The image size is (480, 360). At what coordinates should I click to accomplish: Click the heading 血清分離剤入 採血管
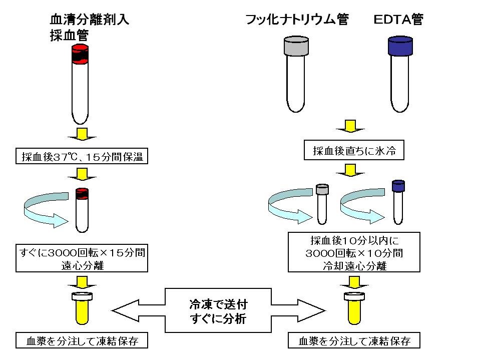[x=89, y=28]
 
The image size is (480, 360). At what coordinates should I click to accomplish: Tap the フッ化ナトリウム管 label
[x=296, y=20]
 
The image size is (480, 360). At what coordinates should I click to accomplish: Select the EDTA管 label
[x=398, y=20]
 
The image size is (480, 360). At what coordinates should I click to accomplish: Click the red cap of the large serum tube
[x=80, y=55]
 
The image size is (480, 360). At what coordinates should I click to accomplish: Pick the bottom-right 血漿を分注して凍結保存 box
[x=354, y=341]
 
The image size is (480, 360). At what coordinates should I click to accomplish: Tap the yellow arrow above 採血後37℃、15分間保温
[x=81, y=134]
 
